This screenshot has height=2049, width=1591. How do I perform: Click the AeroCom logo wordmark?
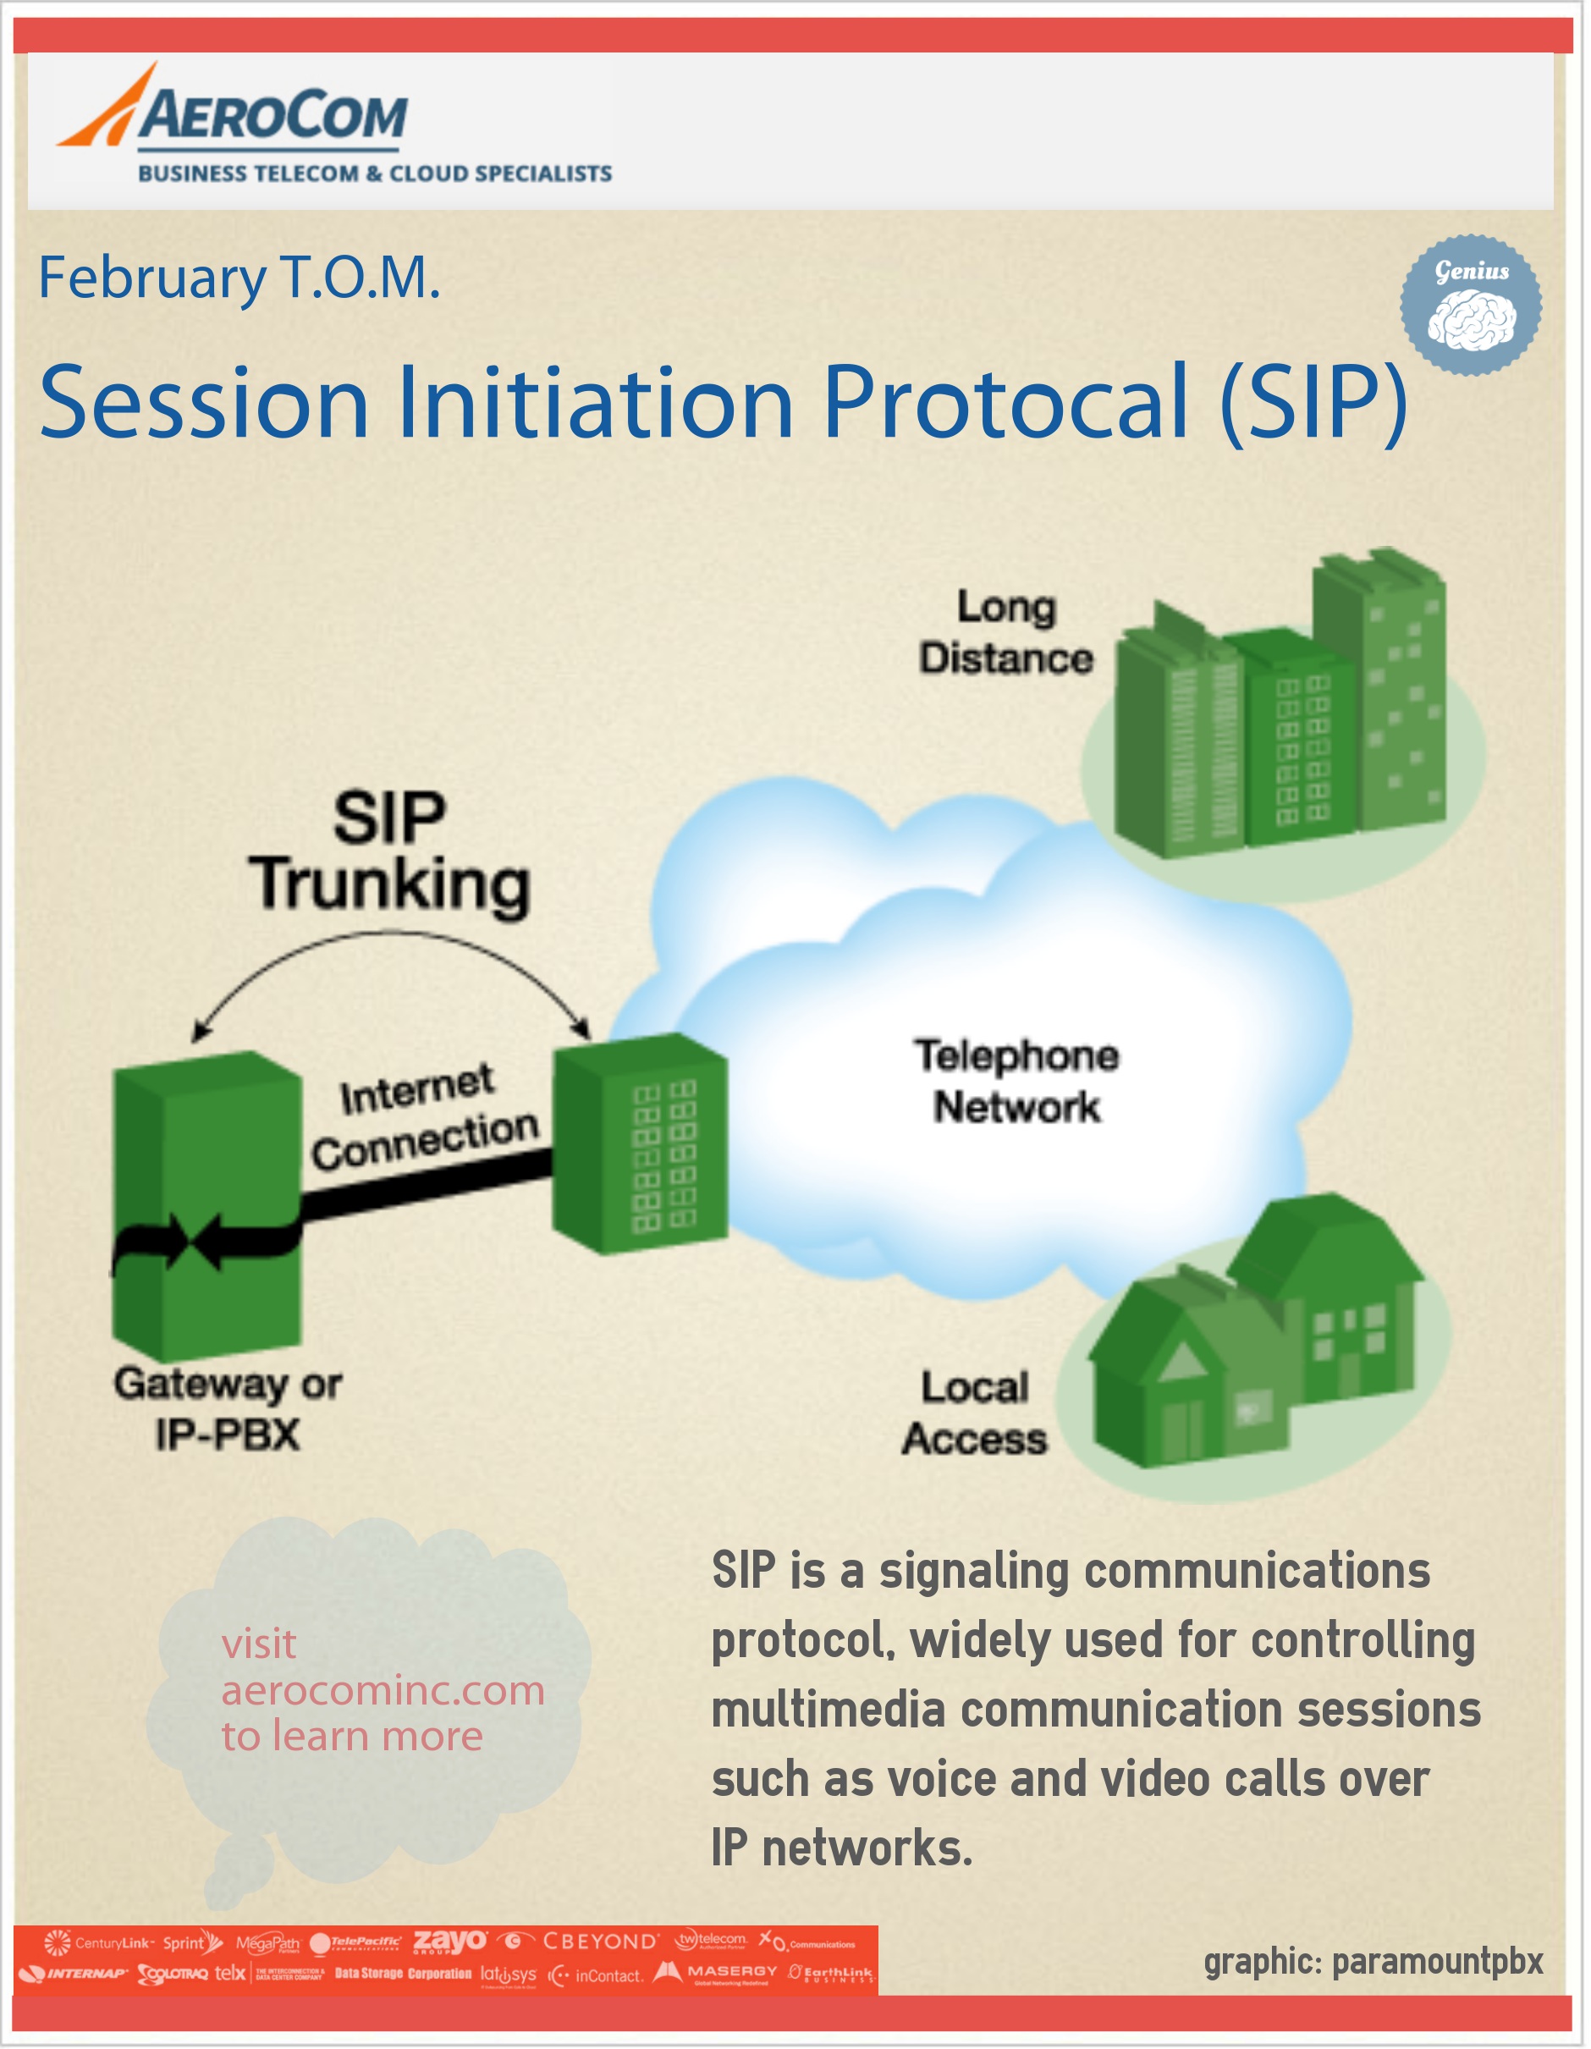[272, 114]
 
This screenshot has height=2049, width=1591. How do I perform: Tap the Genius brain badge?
[1470, 305]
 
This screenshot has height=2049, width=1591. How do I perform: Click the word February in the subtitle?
[152, 278]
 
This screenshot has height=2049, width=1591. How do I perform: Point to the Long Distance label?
[1005, 631]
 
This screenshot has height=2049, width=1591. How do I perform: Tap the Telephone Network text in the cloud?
[1016, 1081]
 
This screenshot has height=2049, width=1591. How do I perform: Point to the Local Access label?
[974, 1412]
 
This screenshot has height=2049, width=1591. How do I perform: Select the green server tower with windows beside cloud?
[640, 1144]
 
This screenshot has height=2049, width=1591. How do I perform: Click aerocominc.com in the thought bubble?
[383, 1691]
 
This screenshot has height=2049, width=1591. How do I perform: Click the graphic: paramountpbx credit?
[1373, 1962]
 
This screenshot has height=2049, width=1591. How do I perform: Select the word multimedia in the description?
[828, 1710]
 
